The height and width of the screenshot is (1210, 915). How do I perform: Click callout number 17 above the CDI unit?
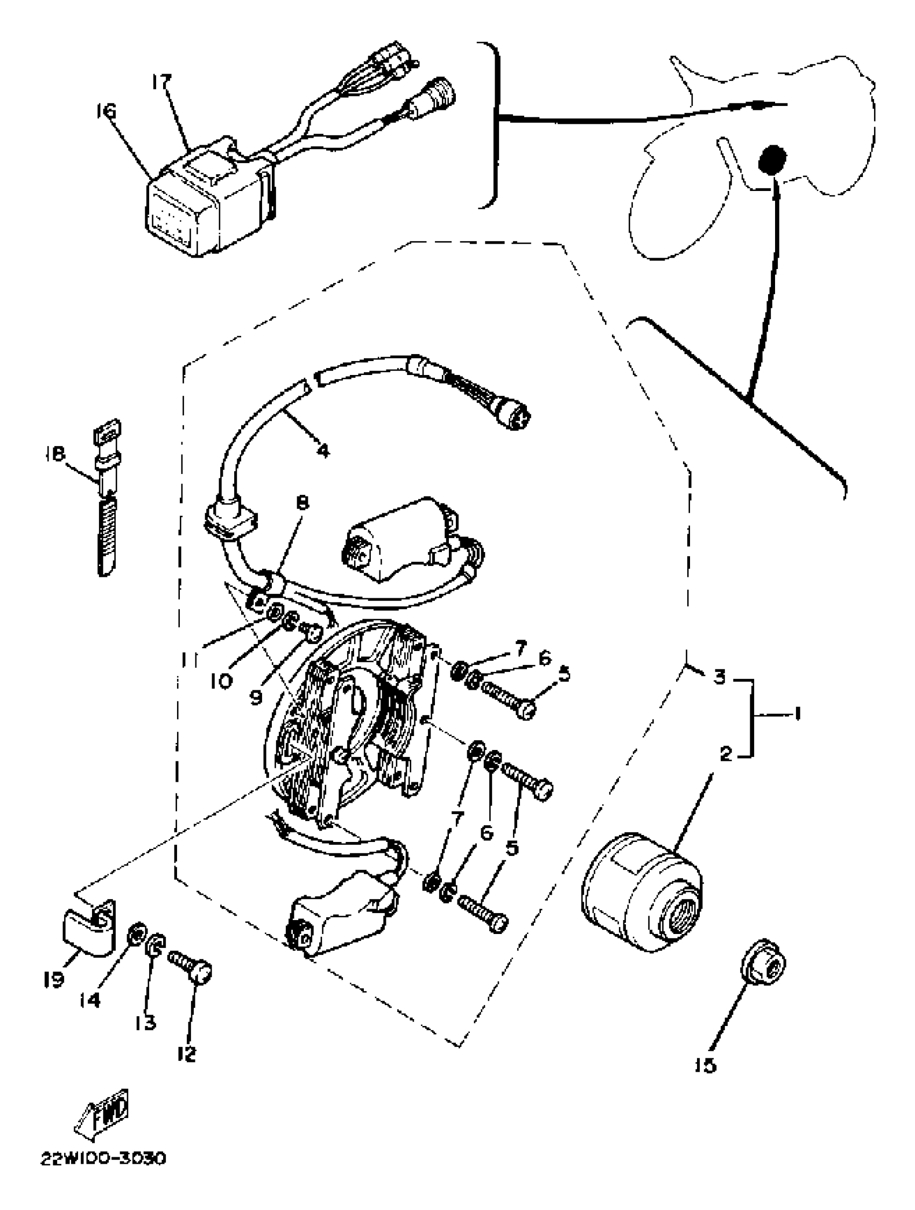pyautogui.click(x=161, y=84)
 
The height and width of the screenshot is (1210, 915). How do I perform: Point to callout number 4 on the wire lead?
pyautogui.click(x=323, y=451)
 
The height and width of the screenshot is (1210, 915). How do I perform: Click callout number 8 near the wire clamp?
pyautogui.click(x=302, y=503)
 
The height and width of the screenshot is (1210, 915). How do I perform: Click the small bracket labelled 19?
pyautogui.click(x=90, y=931)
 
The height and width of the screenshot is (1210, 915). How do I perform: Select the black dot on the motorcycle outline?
pyautogui.click(x=772, y=160)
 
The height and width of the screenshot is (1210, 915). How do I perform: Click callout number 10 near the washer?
pyautogui.click(x=221, y=680)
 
